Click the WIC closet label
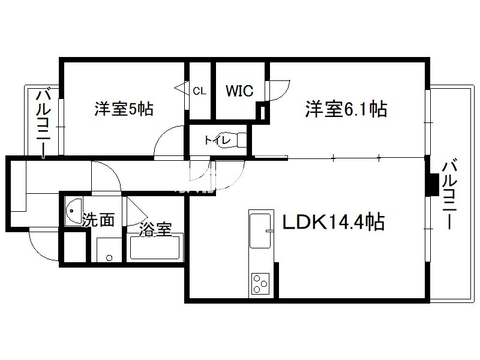(239, 91)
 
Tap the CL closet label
(200, 91)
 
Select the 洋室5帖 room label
(124, 109)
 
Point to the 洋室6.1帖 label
(346, 109)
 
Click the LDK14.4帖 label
(334, 221)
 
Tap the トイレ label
(217, 140)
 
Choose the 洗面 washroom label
(98, 220)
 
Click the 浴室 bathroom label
(155, 229)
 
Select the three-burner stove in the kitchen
(260, 283)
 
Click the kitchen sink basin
(260, 230)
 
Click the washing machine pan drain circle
(109, 258)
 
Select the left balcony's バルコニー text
(44, 123)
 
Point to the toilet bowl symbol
(233, 140)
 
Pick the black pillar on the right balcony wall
(433, 185)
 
